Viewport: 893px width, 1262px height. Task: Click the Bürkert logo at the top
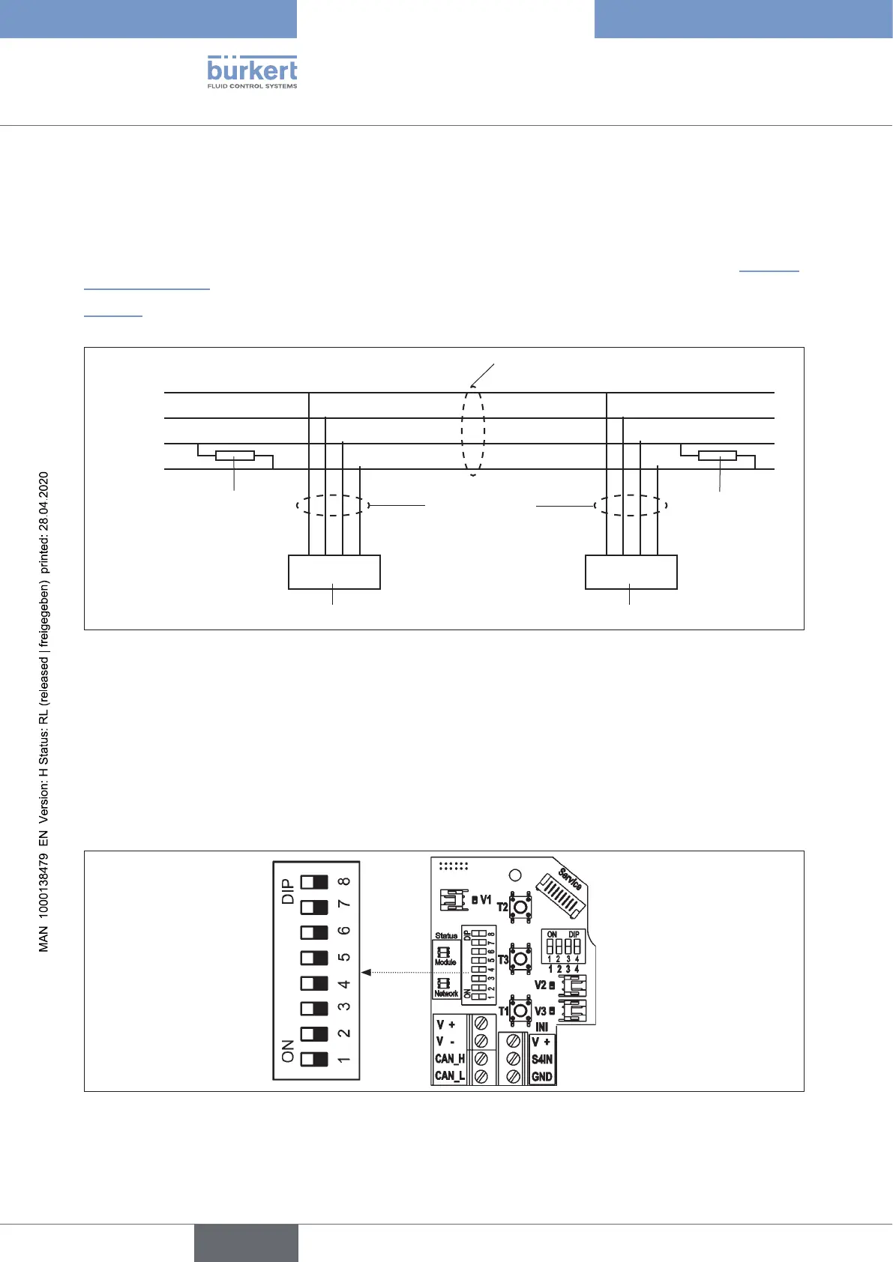252,72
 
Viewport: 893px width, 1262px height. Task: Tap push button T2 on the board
521,907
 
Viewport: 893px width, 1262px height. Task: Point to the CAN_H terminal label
450,1059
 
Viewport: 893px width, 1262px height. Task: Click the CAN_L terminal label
450,1076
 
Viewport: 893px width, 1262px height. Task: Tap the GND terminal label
542,1077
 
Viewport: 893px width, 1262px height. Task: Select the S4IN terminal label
542,1060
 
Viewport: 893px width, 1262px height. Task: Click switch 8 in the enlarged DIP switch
314,882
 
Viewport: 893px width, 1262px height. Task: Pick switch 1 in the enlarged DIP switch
314,1060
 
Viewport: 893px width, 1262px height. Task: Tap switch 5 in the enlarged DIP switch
314,958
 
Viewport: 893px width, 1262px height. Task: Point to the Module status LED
443,951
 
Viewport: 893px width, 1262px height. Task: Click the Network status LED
443,982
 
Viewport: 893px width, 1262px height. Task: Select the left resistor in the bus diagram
235,456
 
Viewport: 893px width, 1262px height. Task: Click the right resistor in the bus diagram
718,456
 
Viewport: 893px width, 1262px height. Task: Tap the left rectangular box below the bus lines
334,572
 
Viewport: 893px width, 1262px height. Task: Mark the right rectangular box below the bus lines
631,572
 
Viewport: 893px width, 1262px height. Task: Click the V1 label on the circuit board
486,900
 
